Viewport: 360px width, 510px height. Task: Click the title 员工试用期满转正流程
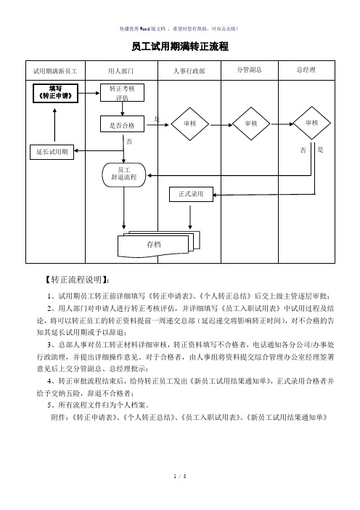click(180, 46)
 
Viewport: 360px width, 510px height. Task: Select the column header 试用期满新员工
click(55, 70)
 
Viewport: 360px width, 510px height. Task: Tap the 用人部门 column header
click(121, 70)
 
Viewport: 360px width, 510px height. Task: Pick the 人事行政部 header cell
click(189, 70)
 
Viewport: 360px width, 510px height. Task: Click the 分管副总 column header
click(249, 70)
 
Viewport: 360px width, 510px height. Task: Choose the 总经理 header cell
click(306, 70)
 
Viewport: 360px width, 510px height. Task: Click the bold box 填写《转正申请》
click(56, 93)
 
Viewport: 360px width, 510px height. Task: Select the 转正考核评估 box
click(122, 93)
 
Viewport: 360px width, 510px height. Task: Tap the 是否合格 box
click(122, 124)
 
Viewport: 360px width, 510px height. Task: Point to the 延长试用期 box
click(52, 152)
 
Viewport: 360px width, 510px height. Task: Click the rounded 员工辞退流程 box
click(124, 175)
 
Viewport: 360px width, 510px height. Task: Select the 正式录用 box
click(191, 194)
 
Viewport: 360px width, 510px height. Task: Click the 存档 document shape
click(158, 244)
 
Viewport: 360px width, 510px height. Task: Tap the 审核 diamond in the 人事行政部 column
click(189, 124)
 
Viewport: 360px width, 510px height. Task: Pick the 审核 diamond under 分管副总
click(251, 124)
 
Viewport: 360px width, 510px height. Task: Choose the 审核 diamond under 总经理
click(312, 123)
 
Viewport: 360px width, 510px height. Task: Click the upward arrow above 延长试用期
click(54, 125)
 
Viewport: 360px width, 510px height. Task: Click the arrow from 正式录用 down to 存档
click(190, 217)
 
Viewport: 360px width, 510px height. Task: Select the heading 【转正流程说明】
click(76, 280)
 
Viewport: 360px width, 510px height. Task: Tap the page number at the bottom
click(180, 477)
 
